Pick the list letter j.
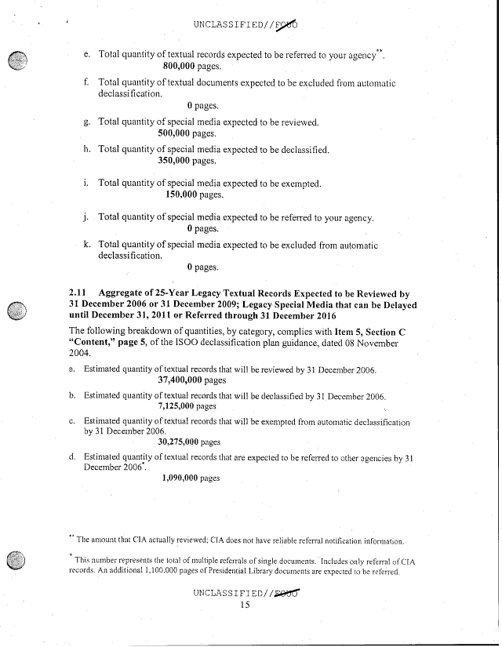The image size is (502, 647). coord(86,217)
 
